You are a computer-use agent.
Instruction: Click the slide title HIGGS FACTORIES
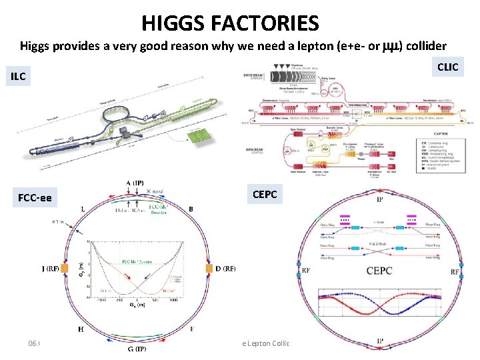pyautogui.click(x=230, y=24)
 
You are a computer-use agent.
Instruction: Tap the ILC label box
pyautogui.click(x=18, y=77)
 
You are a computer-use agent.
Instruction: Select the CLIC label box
pyautogui.click(x=447, y=67)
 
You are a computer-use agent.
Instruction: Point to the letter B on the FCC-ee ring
pyautogui.click(x=192, y=209)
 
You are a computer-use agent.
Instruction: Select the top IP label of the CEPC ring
pyautogui.click(x=379, y=199)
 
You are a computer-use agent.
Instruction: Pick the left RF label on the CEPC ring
pyautogui.click(x=305, y=271)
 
